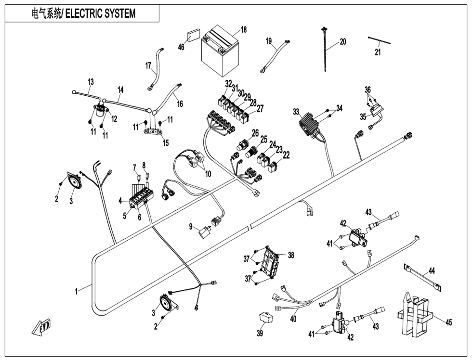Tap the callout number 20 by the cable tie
[x=343, y=42]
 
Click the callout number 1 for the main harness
[x=76, y=291]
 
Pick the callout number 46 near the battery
[x=181, y=47]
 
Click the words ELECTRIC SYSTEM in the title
[x=100, y=13]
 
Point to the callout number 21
[x=378, y=52]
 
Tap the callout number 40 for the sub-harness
[x=293, y=318]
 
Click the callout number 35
[x=363, y=116]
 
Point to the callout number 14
[x=120, y=90]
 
